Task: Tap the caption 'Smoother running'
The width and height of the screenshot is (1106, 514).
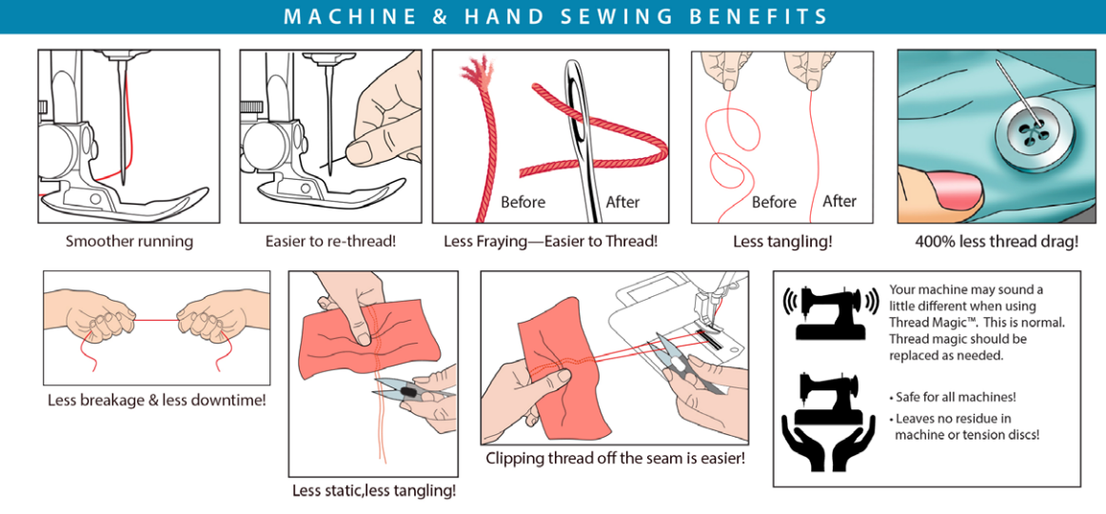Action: pos(129,241)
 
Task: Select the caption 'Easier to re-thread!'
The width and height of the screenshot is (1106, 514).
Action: pos(331,241)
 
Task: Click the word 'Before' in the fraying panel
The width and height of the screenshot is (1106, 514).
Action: pos(523,203)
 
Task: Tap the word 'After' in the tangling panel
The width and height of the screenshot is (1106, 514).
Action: pos(839,202)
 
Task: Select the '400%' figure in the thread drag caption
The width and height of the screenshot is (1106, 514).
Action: pos(934,241)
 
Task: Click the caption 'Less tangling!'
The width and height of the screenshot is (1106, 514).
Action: pos(782,241)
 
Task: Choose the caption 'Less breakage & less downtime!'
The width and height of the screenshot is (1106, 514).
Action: pos(157,401)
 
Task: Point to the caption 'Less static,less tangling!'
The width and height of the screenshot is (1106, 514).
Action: pos(374,490)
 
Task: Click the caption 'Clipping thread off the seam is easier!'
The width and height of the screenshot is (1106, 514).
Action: pos(615,458)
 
